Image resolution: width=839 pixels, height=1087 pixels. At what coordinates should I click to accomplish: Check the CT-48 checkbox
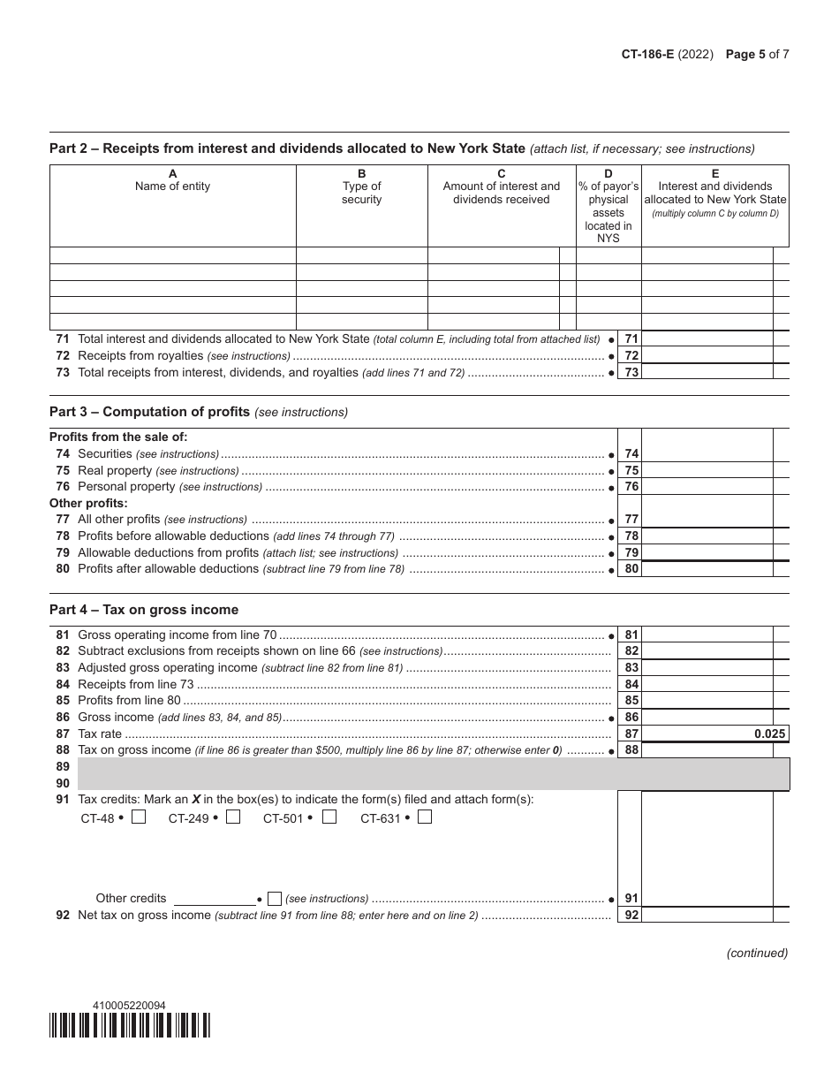pyautogui.click(x=139, y=817)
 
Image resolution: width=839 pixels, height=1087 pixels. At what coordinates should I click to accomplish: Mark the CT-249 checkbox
pyautogui.click(x=233, y=817)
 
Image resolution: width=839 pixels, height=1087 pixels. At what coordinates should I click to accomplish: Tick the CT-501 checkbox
pyautogui.click(x=329, y=817)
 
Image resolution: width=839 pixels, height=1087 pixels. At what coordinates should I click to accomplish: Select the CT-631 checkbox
pyautogui.click(x=425, y=817)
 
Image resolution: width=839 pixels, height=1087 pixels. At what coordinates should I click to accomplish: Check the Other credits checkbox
pyautogui.click(x=275, y=899)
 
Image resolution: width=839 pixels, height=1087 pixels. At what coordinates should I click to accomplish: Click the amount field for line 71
pyautogui.click(x=707, y=338)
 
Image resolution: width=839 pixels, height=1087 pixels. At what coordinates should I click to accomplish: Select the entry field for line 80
pyautogui.click(x=707, y=569)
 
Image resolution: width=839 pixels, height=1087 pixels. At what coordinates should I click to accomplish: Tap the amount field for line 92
pyautogui.click(x=707, y=916)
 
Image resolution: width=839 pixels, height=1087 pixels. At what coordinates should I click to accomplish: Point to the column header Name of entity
pyautogui.click(x=172, y=186)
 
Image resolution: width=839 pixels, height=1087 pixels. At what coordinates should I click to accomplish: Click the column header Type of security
pyautogui.click(x=361, y=193)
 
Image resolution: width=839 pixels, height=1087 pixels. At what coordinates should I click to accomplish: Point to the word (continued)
pyautogui.click(x=757, y=953)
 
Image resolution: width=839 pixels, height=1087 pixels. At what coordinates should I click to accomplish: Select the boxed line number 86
pyautogui.click(x=631, y=718)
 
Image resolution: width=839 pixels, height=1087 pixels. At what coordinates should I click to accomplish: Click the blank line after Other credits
pyautogui.click(x=215, y=899)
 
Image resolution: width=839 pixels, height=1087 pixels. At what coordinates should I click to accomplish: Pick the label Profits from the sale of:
pyautogui.click(x=118, y=437)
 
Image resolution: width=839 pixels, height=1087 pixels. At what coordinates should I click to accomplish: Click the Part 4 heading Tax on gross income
pyautogui.click(x=144, y=610)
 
